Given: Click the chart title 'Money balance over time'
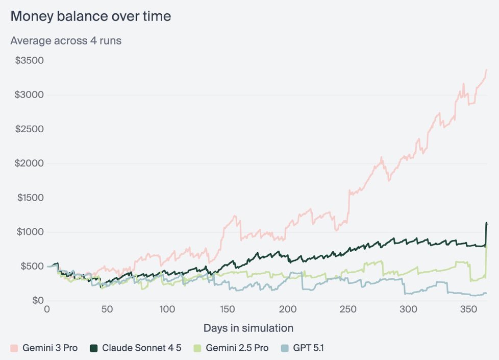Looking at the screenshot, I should click(x=91, y=16).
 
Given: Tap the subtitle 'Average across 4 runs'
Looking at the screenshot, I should click(x=66, y=40).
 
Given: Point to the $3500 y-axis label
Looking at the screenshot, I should click(x=30, y=60).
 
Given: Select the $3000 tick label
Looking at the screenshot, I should click(x=30, y=94).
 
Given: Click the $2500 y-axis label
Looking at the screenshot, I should click(x=30, y=129).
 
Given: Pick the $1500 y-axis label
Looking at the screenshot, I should click(x=30, y=198).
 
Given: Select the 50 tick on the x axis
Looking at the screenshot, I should click(x=107, y=309).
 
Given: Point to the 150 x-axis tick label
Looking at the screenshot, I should click(x=228, y=309).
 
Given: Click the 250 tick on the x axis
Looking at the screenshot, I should click(x=348, y=309).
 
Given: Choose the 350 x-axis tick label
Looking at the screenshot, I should click(x=468, y=309).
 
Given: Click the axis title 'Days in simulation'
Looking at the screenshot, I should click(x=248, y=328).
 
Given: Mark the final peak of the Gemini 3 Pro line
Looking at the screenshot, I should click(x=486, y=70).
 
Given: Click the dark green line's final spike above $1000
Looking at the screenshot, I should click(x=486, y=223).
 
